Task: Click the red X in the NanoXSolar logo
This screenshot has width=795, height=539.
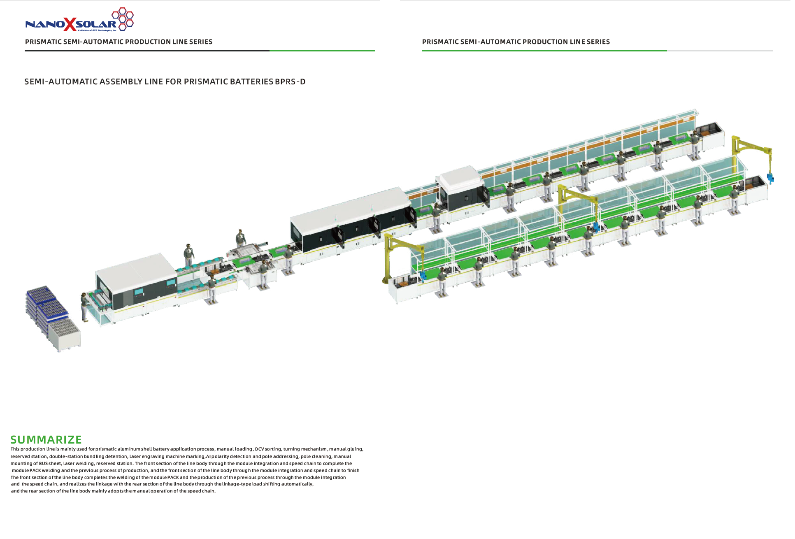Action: point(70,24)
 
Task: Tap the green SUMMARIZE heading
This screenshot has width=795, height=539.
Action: point(46,439)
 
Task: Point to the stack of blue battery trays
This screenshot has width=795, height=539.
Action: point(46,304)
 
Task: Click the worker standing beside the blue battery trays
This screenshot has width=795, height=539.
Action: point(85,307)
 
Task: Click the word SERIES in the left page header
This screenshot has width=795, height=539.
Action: point(201,42)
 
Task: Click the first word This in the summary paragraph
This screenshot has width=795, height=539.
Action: point(15,449)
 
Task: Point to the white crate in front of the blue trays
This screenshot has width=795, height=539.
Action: point(65,334)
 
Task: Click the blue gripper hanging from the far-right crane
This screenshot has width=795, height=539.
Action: point(770,178)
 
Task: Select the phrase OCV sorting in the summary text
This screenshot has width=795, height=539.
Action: point(268,449)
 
